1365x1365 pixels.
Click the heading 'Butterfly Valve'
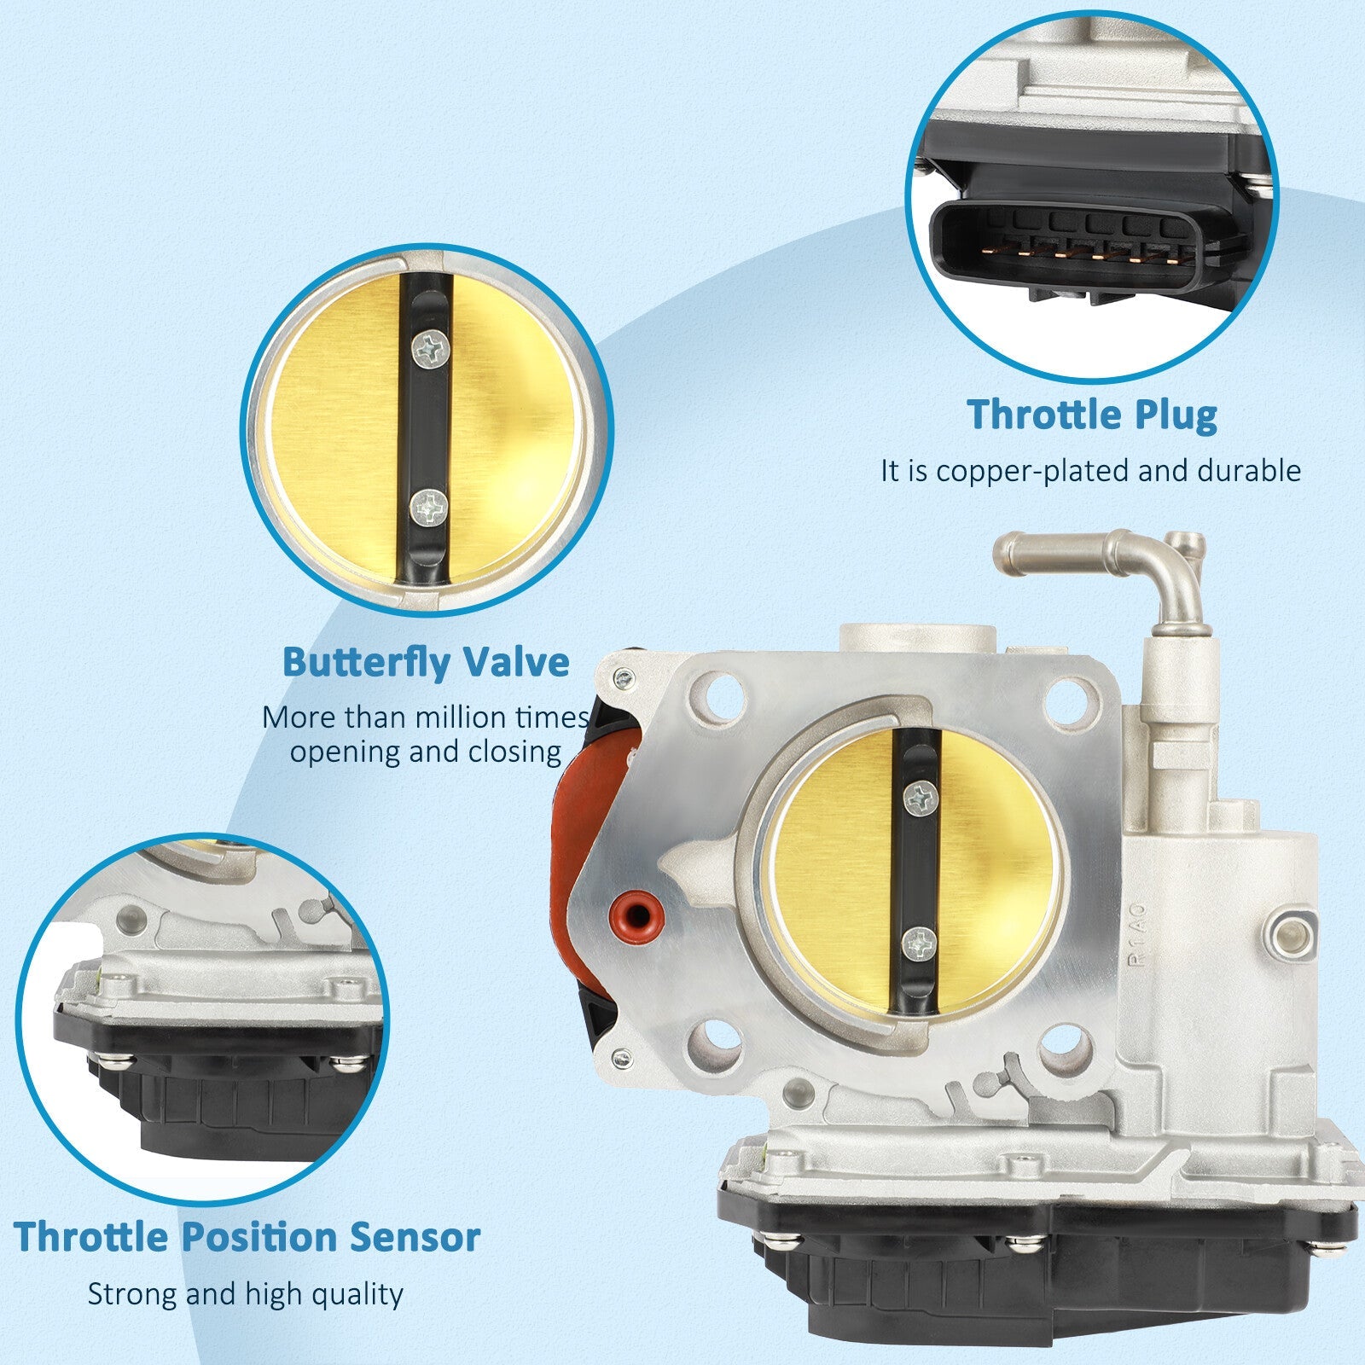[x=426, y=662]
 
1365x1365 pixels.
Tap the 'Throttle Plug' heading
[x=1092, y=415]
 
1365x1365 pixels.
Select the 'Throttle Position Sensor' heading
[x=247, y=1236]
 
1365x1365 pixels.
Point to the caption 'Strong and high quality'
[x=245, y=1293]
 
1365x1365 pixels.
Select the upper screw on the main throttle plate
[x=920, y=800]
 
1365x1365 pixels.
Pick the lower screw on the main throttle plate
[x=919, y=944]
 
